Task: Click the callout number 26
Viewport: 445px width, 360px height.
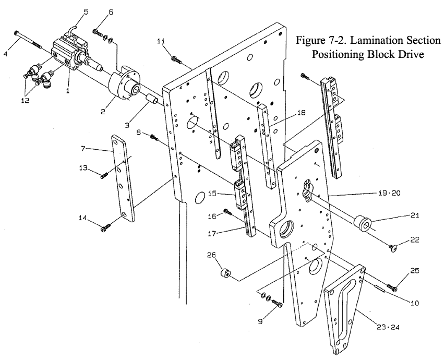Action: [212, 255]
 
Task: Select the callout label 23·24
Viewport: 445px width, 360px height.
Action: [388, 327]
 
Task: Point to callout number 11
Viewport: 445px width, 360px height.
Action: [161, 41]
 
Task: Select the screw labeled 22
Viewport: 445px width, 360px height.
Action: [393, 248]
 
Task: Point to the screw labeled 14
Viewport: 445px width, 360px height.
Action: [105, 227]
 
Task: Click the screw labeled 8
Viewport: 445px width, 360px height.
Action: [154, 137]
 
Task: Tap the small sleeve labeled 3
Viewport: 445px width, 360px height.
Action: [151, 101]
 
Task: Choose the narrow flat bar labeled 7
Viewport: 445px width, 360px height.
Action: [123, 178]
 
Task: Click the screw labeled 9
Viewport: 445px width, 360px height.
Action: [277, 303]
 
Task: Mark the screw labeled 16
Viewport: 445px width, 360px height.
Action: [228, 211]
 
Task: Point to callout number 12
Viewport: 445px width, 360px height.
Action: [25, 101]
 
